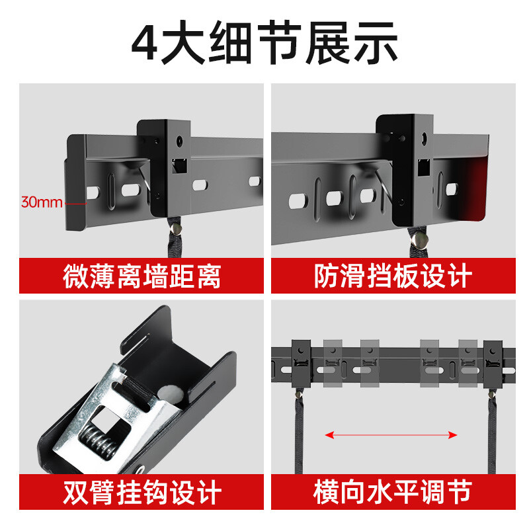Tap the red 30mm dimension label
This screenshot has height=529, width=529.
(x=41, y=202)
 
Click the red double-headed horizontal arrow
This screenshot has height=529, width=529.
(x=391, y=434)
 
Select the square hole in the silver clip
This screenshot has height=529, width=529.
(x=111, y=416)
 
